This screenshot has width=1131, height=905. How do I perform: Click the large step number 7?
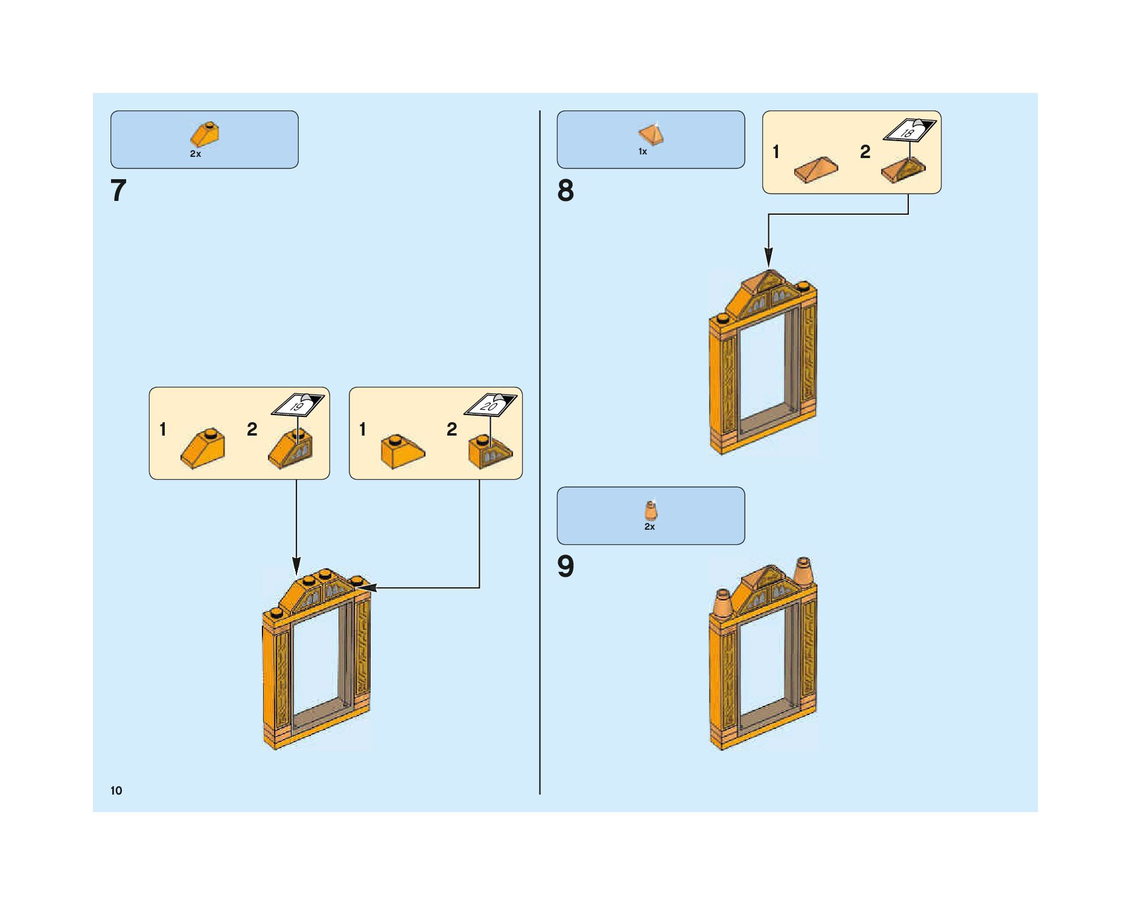tap(118, 191)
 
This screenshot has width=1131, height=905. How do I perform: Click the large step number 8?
tap(565, 191)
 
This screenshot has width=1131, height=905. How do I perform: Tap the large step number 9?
tap(565, 567)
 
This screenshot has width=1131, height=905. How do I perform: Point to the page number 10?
tap(116, 790)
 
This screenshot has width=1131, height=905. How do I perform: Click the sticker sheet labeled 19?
tap(298, 405)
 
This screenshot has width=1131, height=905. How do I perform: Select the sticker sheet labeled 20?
tap(489, 405)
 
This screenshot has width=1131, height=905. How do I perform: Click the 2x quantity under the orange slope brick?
tap(196, 154)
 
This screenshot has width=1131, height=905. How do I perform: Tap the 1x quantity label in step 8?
tap(643, 151)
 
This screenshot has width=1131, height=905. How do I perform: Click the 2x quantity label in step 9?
tap(649, 527)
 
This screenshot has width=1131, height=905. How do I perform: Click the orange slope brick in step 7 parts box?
tap(205, 135)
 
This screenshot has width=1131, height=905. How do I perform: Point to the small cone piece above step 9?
tap(651, 510)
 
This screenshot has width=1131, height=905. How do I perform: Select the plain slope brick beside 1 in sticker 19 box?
tap(203, 449)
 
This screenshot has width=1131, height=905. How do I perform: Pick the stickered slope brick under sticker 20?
tap(490, 451)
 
